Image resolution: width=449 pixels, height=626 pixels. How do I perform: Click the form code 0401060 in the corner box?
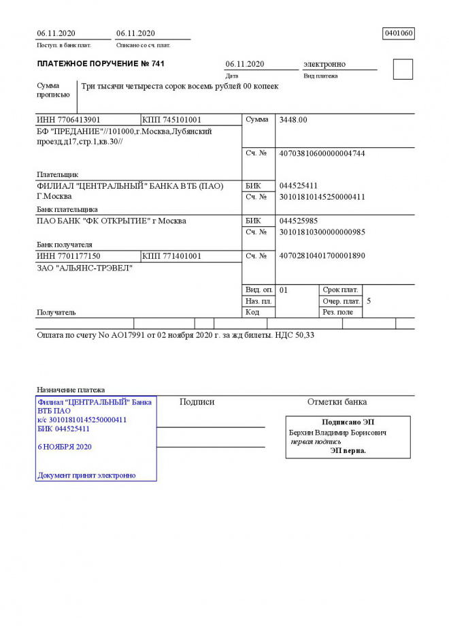click(399, 33)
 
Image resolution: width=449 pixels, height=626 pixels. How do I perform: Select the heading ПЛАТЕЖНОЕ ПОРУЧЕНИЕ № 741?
click(100, 64)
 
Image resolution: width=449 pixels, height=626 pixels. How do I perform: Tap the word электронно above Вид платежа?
click(325, 64)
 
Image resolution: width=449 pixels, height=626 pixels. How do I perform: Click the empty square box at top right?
click(403, 69)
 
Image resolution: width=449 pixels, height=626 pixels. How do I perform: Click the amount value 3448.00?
click(293, 120)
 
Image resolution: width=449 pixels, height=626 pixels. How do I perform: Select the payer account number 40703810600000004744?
click(322, 153)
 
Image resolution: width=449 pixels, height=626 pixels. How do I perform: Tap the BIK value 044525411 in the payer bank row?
click(299, 185)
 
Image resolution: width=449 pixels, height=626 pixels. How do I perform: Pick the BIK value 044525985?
click(299, 221)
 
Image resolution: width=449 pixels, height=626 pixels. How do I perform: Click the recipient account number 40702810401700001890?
click(322, 256)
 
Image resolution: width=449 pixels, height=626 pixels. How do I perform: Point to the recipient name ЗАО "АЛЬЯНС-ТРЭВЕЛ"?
click(84, 268)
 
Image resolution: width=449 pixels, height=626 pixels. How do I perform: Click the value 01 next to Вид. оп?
click(284, 289)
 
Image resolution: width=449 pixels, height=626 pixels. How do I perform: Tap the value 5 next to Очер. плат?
click(369, 300)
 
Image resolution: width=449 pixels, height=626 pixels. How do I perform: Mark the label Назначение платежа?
click(71, 390)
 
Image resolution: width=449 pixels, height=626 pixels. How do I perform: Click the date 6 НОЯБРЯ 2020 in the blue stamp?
click(65, 447)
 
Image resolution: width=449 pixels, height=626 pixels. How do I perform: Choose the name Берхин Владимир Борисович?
click(337, 433)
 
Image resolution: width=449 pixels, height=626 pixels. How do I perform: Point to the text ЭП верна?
click(348, 450)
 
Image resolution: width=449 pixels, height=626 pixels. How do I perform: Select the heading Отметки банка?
click(337, 402)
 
